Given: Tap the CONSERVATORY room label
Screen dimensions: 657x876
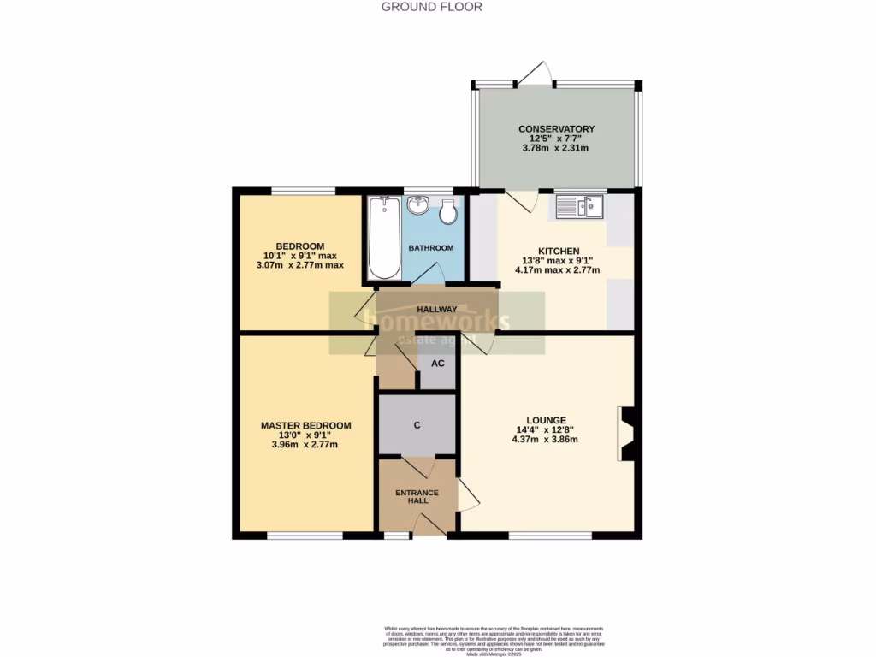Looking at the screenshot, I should pyautogui.click(x=556, y=129).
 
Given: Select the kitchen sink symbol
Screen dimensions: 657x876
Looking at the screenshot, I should pyautogui.click(x=579, y=206).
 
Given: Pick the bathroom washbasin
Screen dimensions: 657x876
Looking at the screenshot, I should pyautogui.click(x=419, y=206).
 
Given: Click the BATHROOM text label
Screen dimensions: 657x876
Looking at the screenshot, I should pyautogui.click(x=430, y=248).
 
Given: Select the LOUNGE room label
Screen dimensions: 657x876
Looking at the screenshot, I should pyautogui.click(x=546, y=420).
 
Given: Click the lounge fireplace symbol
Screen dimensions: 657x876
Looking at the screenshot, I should pyautogui.click(x=626, y=434).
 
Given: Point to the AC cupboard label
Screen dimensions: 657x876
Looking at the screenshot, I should pyautogui.click(x=437, y=363).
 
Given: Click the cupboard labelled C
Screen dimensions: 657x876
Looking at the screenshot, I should pyautogui.click(x=417, y=425).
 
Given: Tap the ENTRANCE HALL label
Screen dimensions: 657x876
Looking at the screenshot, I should pyautogui.click(x=417, y=497).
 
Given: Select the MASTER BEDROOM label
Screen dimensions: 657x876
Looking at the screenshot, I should pyautogui.click(x=305, y=425).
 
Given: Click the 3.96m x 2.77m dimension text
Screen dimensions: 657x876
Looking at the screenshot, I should pyautogui.click(x=305, y=445).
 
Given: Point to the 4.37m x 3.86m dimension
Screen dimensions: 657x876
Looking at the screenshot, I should pyautogui.click(x=545, y=440).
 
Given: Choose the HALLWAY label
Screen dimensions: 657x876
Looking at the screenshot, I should pyautogui.click(x=436, y=310).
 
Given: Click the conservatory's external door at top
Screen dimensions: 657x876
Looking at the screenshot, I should pyautogui.click(x=534, y=74).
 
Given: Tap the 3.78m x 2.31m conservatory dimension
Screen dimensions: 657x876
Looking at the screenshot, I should pyautogui.click(x=555, y=149).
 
